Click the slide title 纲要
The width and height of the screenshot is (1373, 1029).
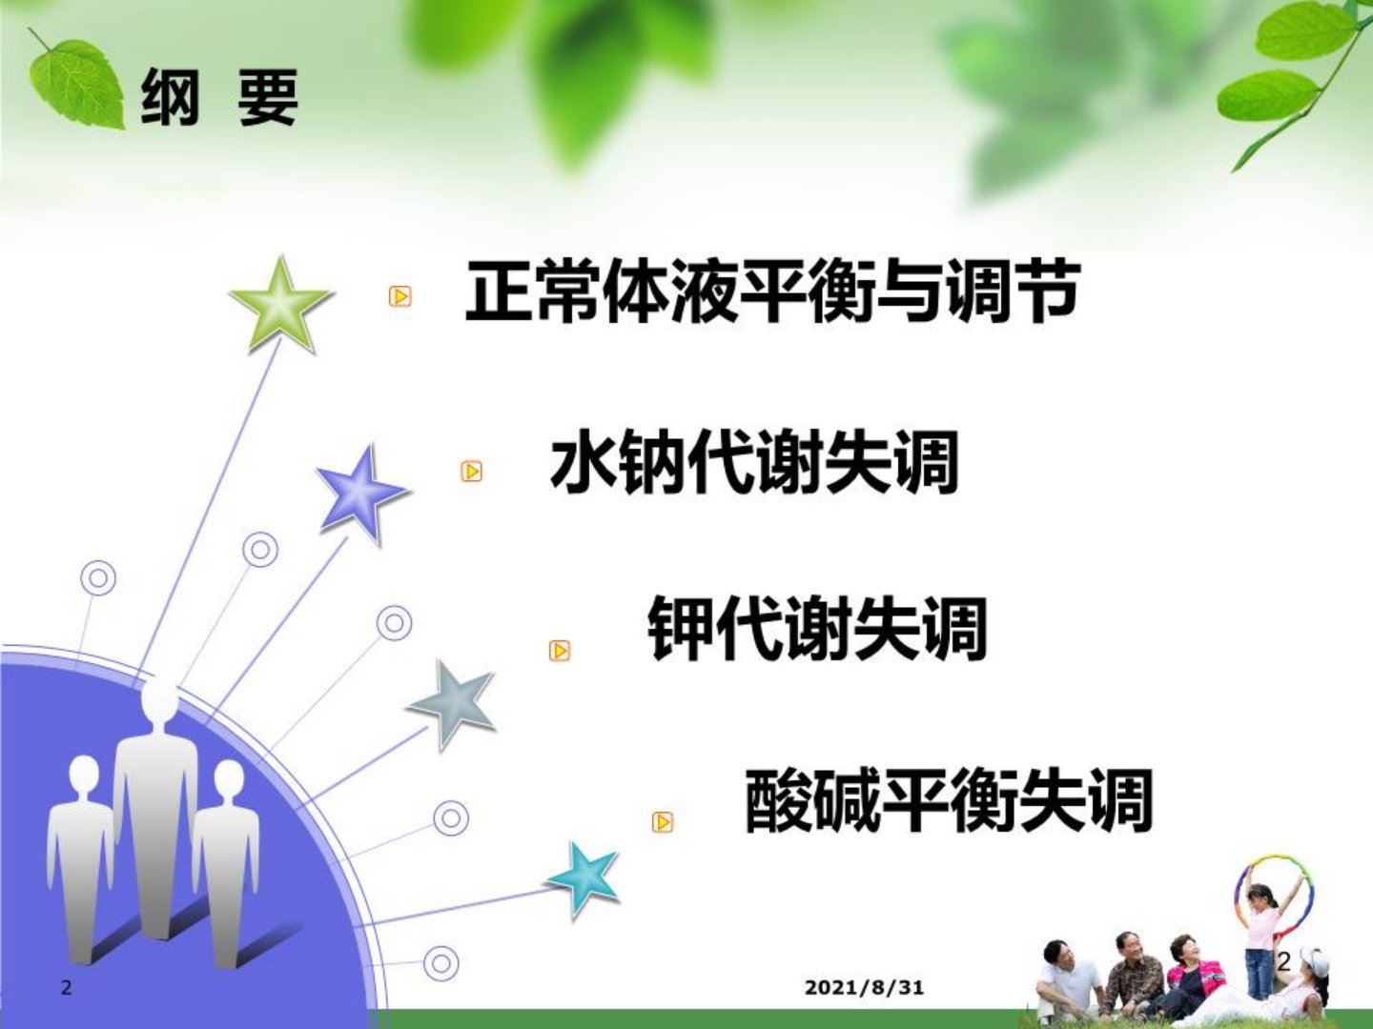(219, 98)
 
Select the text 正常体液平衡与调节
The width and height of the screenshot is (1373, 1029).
(772, 292)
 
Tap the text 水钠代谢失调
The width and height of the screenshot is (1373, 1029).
(754, 462)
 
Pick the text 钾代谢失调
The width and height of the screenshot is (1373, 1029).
(817, 629)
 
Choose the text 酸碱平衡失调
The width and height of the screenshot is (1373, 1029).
(949, 800)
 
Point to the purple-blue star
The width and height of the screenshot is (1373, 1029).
(361, 494)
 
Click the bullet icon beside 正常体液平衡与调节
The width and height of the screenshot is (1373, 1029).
(400, 295)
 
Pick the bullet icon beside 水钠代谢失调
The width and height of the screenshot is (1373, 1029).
(471, 471)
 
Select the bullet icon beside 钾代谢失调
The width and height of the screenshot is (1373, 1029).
(559, 651)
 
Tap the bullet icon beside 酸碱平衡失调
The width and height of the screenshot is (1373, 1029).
(663, 822)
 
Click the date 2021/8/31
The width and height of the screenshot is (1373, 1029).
(864, 987)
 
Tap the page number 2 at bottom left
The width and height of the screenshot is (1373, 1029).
(66, 988)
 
